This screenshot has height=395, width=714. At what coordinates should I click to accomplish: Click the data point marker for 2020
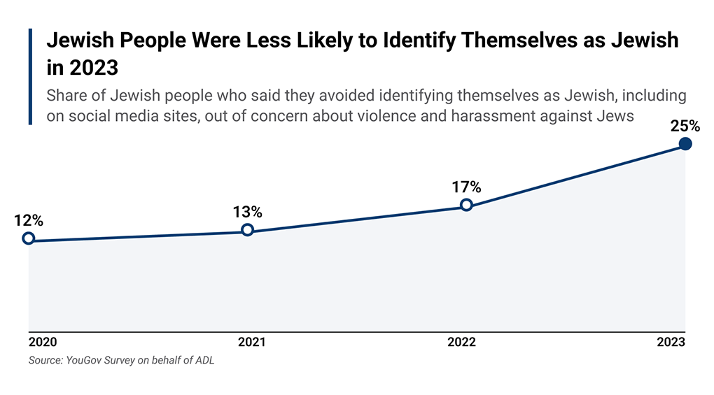[28, 238]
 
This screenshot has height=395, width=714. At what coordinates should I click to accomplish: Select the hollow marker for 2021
[247, 230]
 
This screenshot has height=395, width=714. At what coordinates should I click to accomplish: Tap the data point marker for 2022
[466, 205]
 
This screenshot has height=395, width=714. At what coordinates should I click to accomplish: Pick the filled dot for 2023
[685, 144]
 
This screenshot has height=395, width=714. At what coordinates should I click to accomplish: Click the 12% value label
[28, 220]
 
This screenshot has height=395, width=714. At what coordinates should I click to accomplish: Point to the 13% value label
[247, 211]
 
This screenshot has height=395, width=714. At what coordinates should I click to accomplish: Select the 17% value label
[466, 187]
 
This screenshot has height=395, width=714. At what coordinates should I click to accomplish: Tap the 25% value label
[685, 126]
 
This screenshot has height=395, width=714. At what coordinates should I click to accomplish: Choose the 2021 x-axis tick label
[252, 343]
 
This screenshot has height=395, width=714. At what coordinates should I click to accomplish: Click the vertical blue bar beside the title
[31, 77]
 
